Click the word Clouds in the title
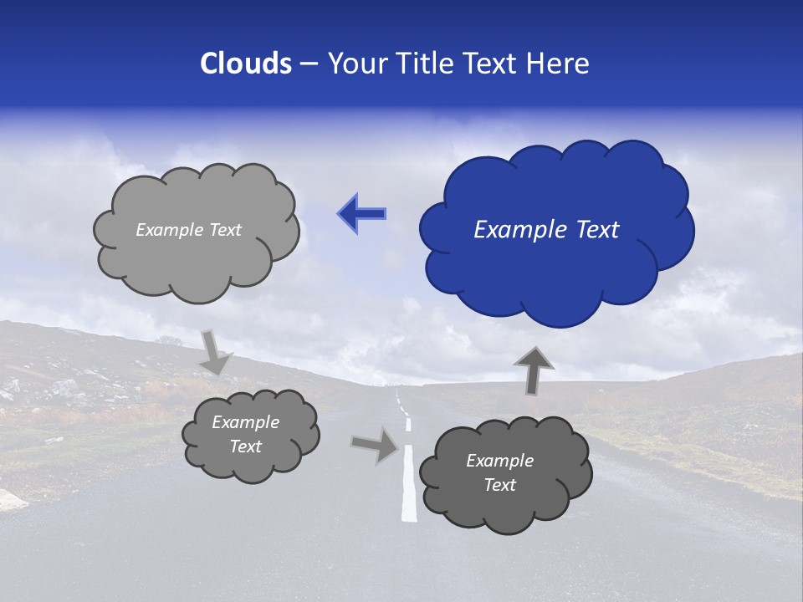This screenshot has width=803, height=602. click(x=246, y=64)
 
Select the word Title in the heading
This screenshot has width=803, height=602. click(x=423, y=64)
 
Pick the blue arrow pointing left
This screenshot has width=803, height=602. click(x=361, y=214)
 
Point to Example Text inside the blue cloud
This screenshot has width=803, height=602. click(x=546, y=230)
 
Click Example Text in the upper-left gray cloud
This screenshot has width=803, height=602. click(x=188, y=230)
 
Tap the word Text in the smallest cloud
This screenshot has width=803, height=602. click(x=246, y=446)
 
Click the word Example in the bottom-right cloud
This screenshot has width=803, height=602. click(x=499, y=461)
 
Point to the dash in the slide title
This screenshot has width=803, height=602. click(x=308, y=64)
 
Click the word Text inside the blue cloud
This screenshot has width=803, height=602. click(x=597, y=230)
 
